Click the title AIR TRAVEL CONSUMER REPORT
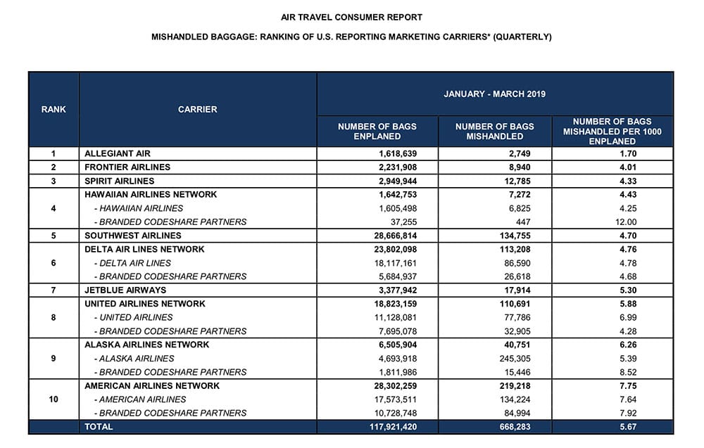coord(351,17)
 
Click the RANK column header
coord(54,109)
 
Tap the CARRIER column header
coord(197,109)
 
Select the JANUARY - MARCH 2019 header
coord(494,94)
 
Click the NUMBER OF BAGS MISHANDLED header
coord(494,132)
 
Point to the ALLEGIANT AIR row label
coord(117,153)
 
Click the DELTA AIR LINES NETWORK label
coord(144,249)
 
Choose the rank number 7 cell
coord(54,290)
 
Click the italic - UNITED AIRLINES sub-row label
coord(133,317)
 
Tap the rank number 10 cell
coord(54,399)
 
